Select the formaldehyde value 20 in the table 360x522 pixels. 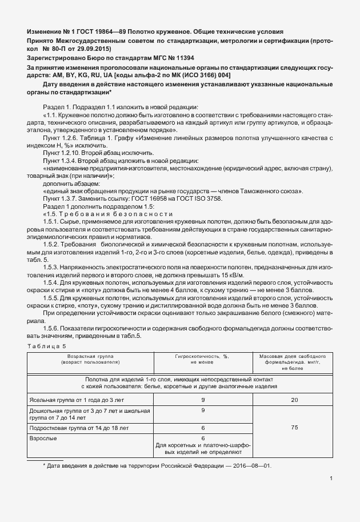294,400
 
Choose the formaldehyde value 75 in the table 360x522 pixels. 294,427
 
